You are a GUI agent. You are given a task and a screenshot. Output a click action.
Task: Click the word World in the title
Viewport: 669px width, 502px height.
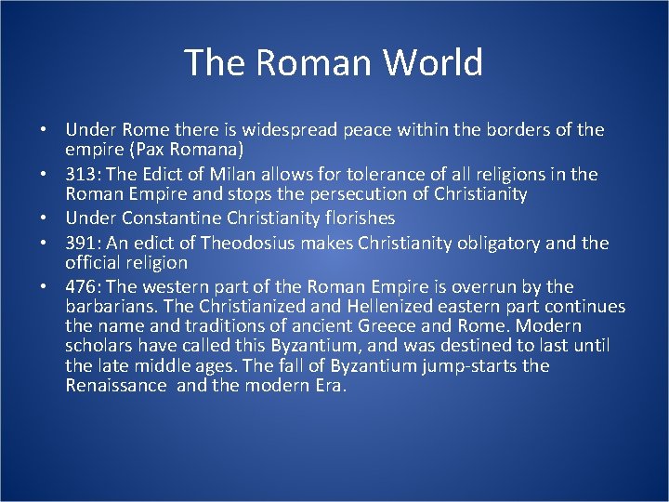tap(435, 63)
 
